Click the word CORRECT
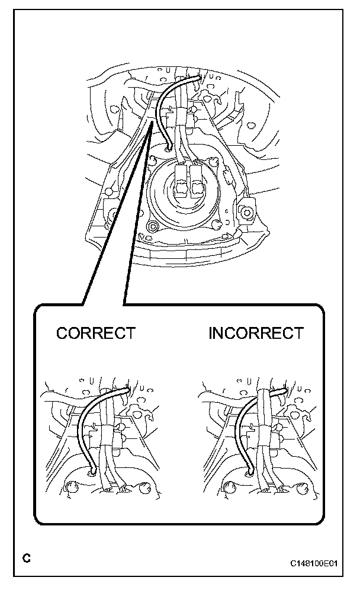coord(95,333)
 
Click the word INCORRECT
coord(256,333)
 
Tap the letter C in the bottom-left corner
coord(25,558)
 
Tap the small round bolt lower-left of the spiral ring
coord(153,226)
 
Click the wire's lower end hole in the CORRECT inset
coord(91,473)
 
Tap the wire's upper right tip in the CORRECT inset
coord(126,389)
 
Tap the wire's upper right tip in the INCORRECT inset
coord(283,389)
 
